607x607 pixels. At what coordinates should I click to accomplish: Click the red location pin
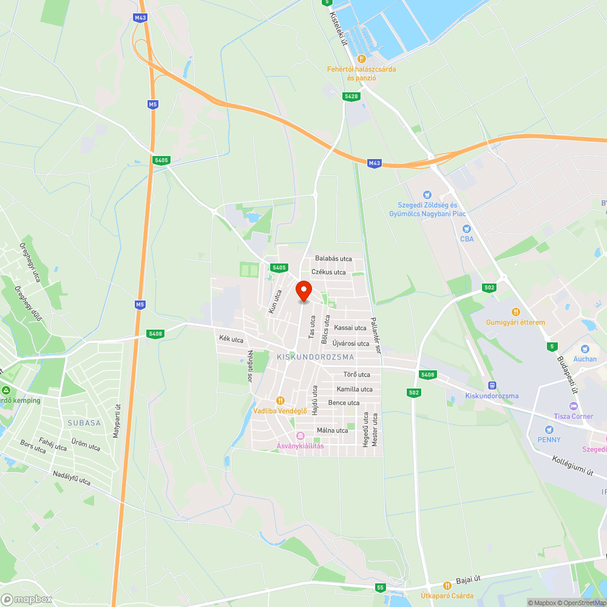tap(303, 290)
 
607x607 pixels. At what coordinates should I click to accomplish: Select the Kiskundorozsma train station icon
tap(492, 385)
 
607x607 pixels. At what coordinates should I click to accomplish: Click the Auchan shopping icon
tap(585, 349)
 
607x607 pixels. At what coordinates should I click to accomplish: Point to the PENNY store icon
tap(549, 430)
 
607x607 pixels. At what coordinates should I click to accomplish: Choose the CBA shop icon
tap(466, 229)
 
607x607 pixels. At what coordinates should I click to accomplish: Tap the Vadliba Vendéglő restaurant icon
tap(280, 401)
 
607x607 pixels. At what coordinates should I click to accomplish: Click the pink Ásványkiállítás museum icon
tap(299, 436)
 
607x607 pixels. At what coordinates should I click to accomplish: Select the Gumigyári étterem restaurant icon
tap(515, 312)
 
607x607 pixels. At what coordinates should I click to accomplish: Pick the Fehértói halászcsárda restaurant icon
tap(361, 59)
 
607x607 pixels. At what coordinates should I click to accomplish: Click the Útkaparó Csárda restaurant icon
tap(447, 586)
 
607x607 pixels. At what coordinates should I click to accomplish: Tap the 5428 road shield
tap(351, 97)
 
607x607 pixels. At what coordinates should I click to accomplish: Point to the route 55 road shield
tap(380, 588)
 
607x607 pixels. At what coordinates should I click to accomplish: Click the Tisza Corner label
tap(574, 416)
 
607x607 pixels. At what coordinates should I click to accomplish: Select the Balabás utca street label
tap(333, 259)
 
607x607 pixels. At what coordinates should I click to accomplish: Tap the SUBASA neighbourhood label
tap(84, 422)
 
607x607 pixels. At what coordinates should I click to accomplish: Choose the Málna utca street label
tap(333, 430)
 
